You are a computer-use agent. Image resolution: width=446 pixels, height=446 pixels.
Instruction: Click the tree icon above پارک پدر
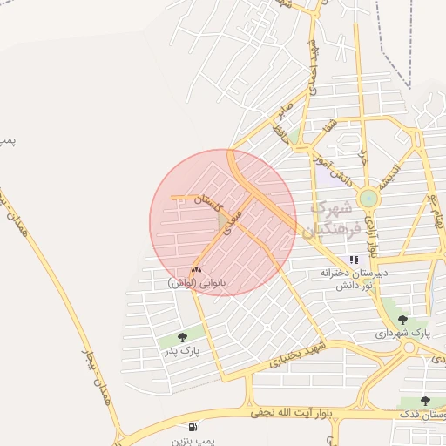(182, 337)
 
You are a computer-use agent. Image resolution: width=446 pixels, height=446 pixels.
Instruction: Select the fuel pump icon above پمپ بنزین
(192, 427)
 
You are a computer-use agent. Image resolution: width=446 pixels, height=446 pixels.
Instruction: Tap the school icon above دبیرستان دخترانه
(354, 260)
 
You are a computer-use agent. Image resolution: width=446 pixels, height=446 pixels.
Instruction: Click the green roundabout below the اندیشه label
(368, 199)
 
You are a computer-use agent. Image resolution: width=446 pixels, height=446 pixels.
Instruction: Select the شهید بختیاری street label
(300, 350)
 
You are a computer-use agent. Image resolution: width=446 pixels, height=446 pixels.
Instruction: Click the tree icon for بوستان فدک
(425, 402)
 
